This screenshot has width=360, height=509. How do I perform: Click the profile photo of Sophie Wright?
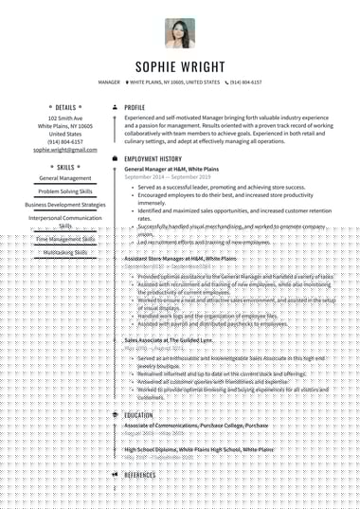[x=180, y=33]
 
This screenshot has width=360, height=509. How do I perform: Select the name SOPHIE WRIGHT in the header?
[x=180, y=66]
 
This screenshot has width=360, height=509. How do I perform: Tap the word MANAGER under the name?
[x=109, y=82]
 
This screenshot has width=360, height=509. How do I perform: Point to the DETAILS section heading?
[x=65, y=108]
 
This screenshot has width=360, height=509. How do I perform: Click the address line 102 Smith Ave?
[x=65, y=118]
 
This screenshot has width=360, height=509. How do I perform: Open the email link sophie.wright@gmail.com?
[x=65, y=150]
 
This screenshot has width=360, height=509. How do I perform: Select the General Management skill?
[x=65, y=178]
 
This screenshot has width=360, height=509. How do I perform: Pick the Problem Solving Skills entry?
[x=65, y=191]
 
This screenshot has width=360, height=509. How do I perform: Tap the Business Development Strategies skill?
[x=65, y=205]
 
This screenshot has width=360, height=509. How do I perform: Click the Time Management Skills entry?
[x=65, y=240]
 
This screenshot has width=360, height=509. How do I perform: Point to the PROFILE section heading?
[x=135, y=108]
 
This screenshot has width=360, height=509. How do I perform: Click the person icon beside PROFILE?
[x=115, y=108]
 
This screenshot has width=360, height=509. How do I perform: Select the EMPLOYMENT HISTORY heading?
[x=153, y=158]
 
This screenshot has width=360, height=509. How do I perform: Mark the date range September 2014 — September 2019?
[x=168, y=177]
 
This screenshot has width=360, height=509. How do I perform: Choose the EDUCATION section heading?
[x=138, y=415]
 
